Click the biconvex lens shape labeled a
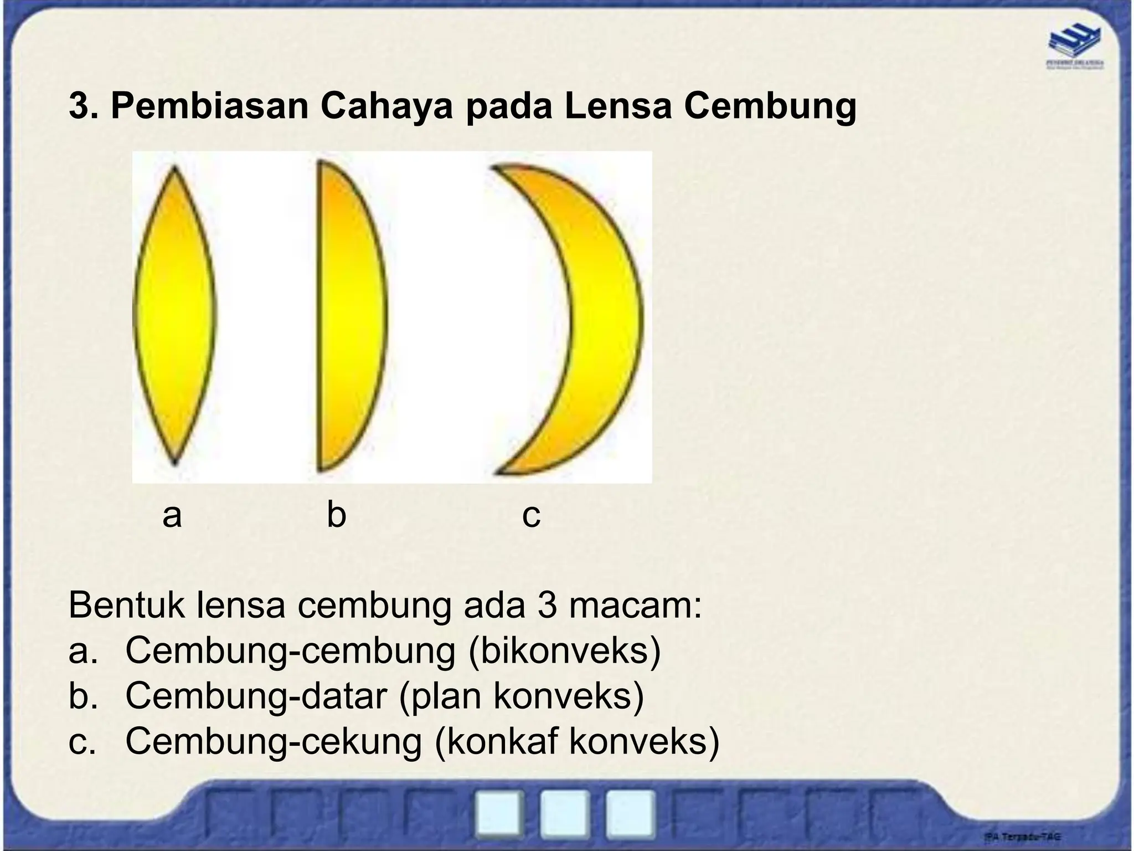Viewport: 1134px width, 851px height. tap(174, 316)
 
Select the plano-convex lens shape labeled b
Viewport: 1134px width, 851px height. tap(349, 316)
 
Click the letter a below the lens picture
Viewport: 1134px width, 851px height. tap(172, 515)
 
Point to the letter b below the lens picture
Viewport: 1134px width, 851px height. tap(336, 514)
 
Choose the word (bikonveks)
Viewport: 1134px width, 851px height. tap(565, 651)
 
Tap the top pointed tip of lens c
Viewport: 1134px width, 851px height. tap(494, 167)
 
